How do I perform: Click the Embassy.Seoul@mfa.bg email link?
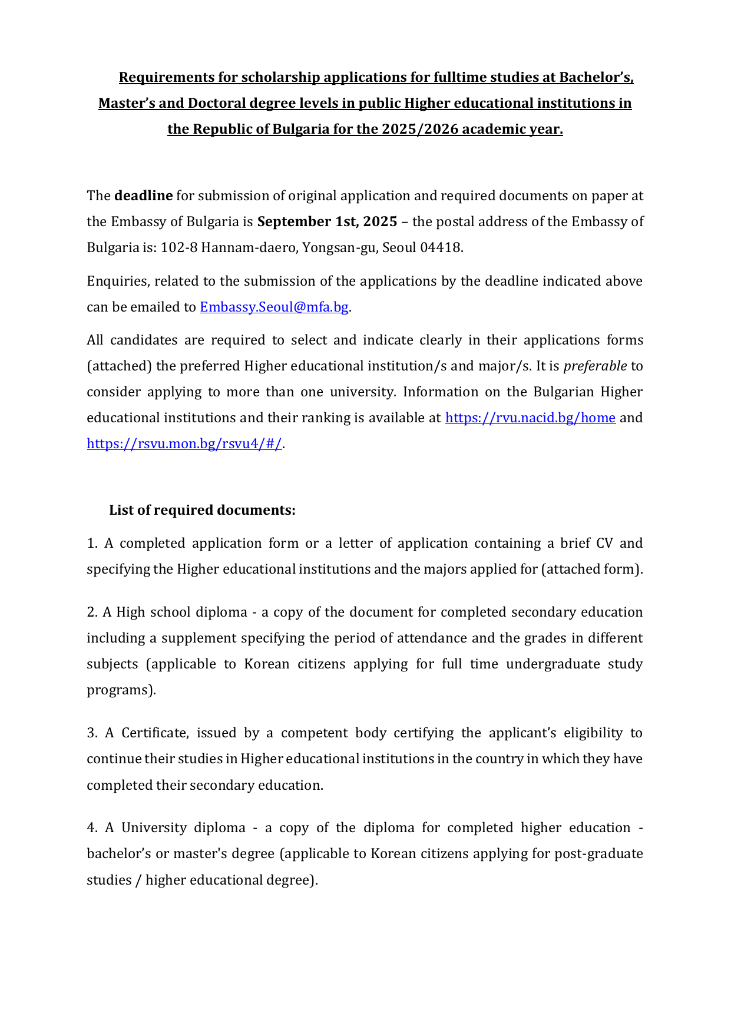tap(274, 307)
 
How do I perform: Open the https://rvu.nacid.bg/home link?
tap(530, 418)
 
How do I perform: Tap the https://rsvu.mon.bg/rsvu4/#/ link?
tap(184, 443)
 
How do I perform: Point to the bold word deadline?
tap(143, 196)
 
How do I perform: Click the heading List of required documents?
tap(202, 510)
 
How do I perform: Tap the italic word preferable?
tap(595, 366)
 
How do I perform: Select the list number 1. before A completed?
tap(92, 543)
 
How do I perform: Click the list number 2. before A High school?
tap(92, 612)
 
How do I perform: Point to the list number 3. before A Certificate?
tap(92, 733)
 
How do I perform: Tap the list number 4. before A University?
tap(92, 827)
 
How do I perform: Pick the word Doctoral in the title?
tap(216, 103)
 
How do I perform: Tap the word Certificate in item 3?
tap(153, 733)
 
